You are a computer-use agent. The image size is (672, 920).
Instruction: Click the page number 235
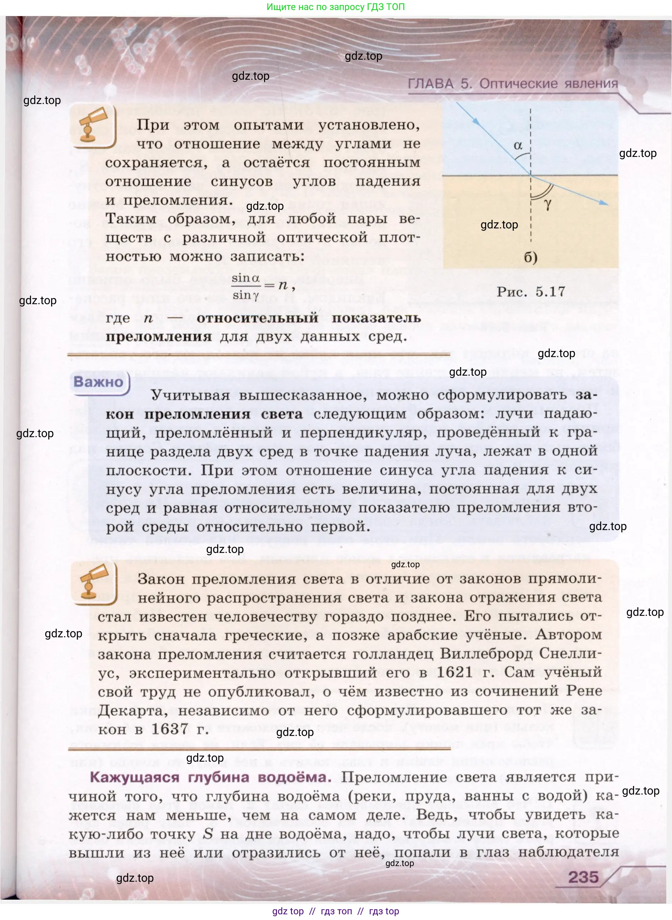pyautogui.click(x=583, y=877)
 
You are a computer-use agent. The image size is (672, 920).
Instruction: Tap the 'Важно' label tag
pyautogui.click(x=98, y=382)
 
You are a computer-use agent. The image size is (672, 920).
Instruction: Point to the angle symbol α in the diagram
pyautogui.click(x=518, y=145)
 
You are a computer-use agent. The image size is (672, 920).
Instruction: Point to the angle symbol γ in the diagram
pyautogui.click(x=548, y=204)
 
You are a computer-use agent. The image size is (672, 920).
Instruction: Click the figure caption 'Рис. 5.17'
pyautogui.click(x=531, y=291)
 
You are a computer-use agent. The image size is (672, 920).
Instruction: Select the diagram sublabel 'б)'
pyautogui.click(x=531, y=257)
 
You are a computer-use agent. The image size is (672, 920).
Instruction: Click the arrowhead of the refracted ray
pyautogui.click(x=605, y=203)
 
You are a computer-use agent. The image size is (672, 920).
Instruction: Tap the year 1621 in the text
pyautogui.click(x=454, y=672)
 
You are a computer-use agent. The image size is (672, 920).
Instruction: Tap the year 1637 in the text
pyautogui.click(x=170, y=729)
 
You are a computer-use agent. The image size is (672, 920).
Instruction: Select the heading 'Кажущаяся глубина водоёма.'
pyautogui.click(x=210, y=777)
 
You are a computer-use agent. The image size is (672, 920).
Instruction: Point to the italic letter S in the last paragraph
pyautogui.click(x=208, y=834)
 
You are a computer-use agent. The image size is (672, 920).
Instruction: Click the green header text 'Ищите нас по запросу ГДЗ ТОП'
pyautogui.click(x=335, y=7)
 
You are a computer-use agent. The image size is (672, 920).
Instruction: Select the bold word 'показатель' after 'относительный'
pyautogui.click(x=376, y=318)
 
